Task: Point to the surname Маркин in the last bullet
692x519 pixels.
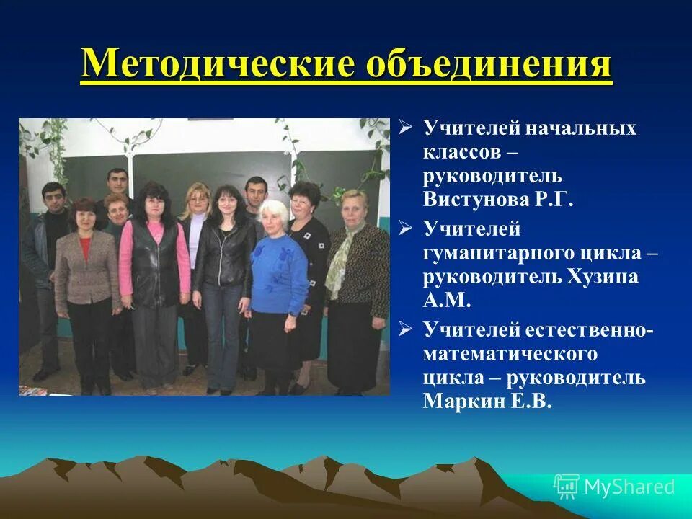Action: (x=458, y=402)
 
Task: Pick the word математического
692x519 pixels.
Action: (x=510, y=354)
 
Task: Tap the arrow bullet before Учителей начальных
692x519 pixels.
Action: (x=407, y=128)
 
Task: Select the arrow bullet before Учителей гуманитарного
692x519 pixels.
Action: (x=407, y=229)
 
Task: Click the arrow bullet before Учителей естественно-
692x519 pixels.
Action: (x=407, y=329)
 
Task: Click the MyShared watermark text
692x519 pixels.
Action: (x=629, y=487)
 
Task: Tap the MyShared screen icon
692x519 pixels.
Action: (x=566, y=487)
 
